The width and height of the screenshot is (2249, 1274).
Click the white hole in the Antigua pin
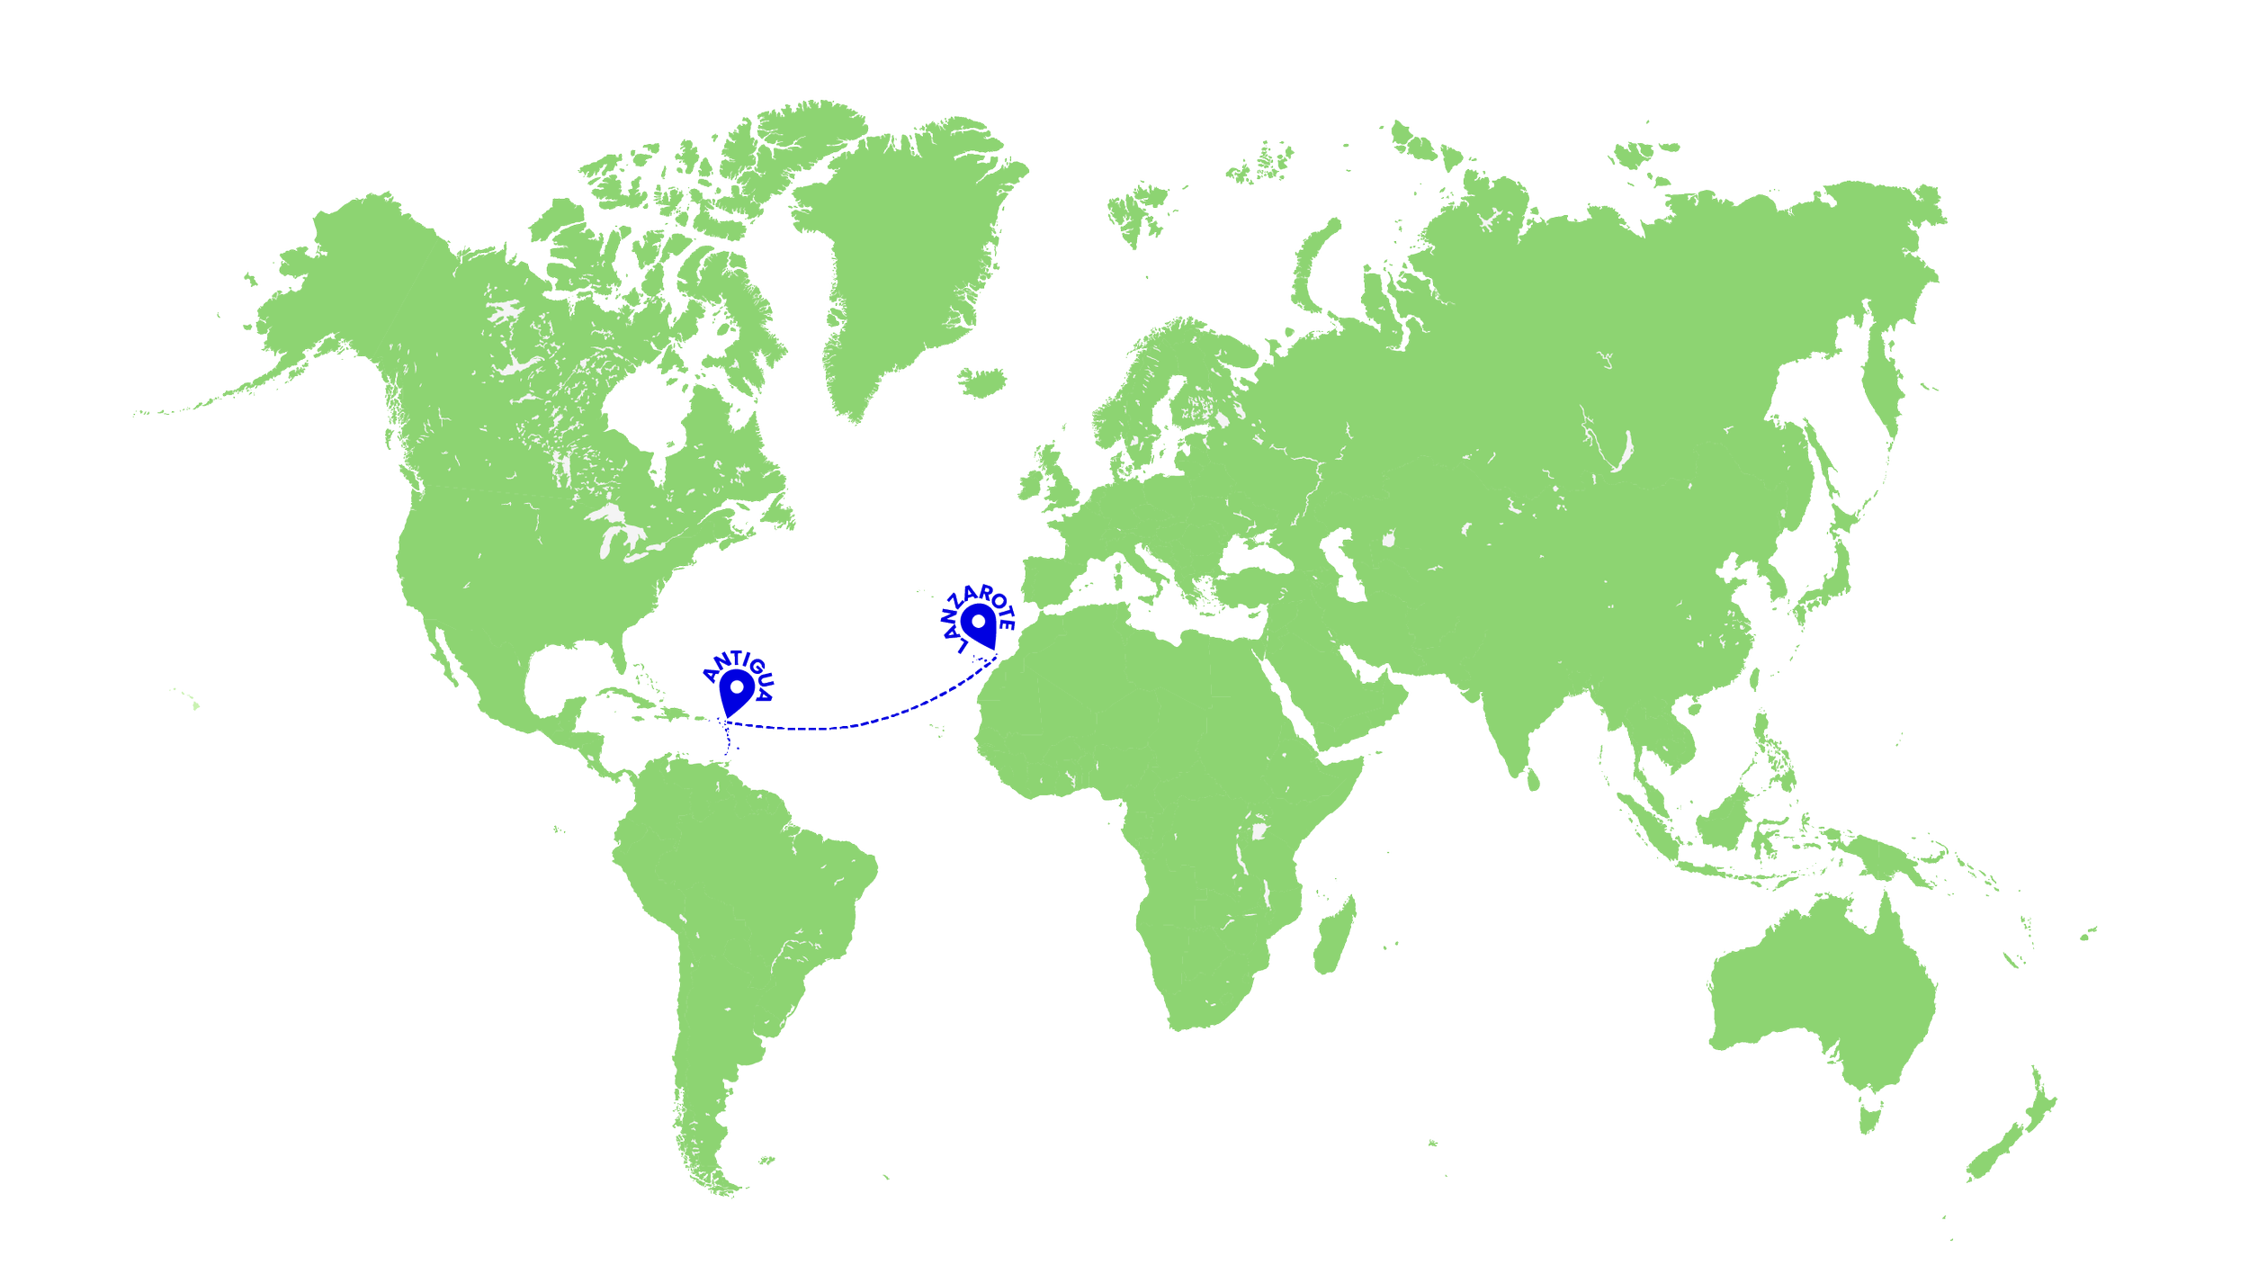[x=737, y=687]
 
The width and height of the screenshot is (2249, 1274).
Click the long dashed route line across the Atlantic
[x=855, y=724]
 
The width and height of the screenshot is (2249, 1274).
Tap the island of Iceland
[x=981, y=380]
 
